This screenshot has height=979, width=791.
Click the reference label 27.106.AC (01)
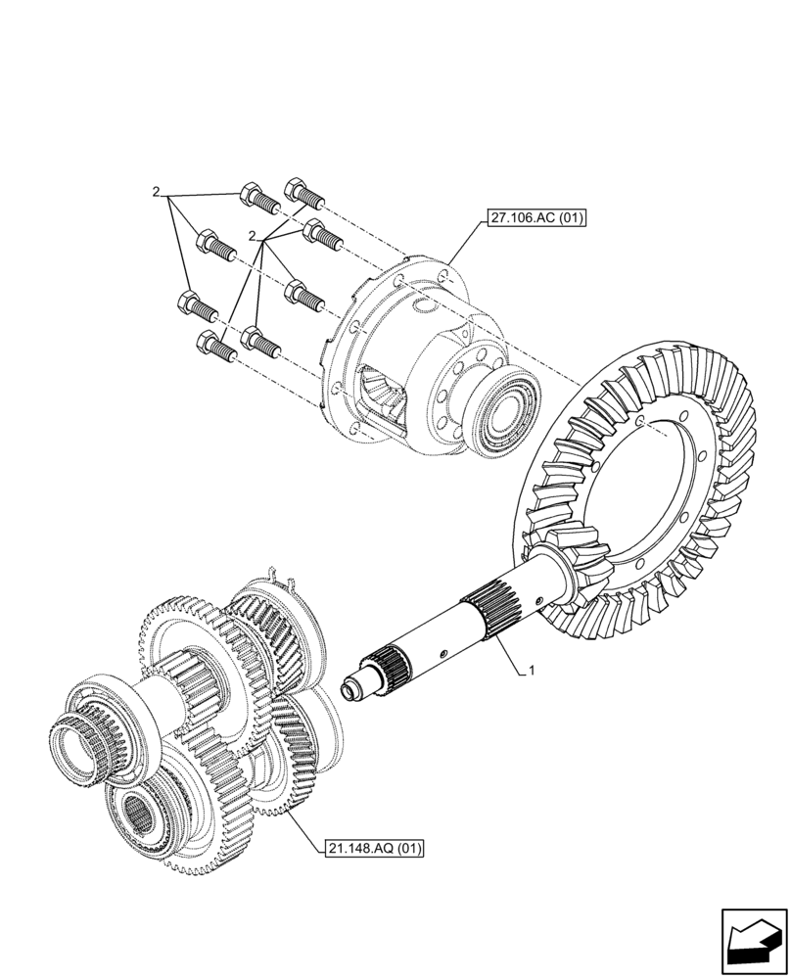pyautogui.click(x=534, y=218)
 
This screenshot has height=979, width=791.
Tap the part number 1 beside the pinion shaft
pyautogui.click(x=531, y=671)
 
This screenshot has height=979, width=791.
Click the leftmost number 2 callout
pyautogui.click(x=156, y=191)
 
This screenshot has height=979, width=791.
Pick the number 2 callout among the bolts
pyautogui.click(x=253, y=237)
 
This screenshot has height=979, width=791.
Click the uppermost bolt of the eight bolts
pyautogui.click(x=303, y=192)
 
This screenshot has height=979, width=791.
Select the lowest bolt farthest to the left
pyautogui.click(x=214, y=346)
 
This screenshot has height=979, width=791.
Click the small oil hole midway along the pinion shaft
pyautogui.click(x=443, y=655)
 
